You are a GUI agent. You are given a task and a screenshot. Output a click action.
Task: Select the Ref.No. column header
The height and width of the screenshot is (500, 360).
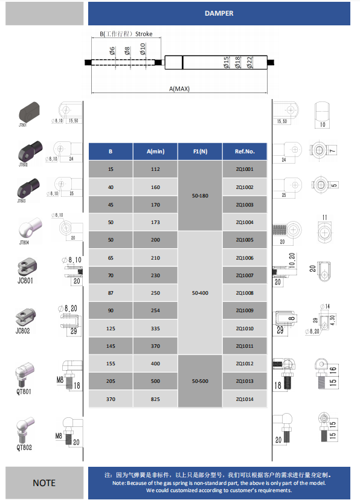pyautogui.click(x=245, y=152)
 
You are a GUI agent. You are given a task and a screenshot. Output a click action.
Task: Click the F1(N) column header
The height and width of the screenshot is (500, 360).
pyautogui.click(x=200, y=152)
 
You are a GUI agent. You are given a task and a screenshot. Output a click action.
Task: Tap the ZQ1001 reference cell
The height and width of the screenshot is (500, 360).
pyautogui.click(x=245, y=170)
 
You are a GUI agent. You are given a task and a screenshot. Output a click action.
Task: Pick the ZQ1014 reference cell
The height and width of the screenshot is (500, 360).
pyautogui.click(x=245, y=399)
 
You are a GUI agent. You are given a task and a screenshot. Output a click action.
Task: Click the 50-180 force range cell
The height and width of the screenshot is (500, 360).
pyautogui.click(x=200, y=196)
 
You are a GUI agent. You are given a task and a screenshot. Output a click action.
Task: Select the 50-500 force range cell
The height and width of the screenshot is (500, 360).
pyautogui.click(x=200, y=382)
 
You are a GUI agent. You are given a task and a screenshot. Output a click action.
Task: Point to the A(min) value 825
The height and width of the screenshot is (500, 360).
pyautogui.click(x=155, y=399)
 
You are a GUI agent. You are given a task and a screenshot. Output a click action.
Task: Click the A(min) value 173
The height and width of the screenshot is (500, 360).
pyautogui.click(x=155, y=223)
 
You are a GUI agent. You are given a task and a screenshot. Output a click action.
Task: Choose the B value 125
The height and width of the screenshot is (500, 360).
pyautogui.click(x=111, y=329)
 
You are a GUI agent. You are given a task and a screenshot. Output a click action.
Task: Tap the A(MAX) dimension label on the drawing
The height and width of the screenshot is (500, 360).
pyautogui.click(x=179, y=89)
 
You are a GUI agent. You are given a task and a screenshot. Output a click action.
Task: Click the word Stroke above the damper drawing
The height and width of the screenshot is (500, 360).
pyautogui.click(x=144, y=34)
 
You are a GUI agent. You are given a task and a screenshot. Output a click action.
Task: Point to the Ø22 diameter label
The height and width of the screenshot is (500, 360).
pyautogui.click(x=249, y=62)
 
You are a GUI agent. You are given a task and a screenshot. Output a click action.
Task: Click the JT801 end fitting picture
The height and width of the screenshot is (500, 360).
pyautogui.click(x=28, y=111)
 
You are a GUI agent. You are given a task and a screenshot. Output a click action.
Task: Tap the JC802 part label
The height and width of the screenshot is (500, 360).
pyautogui.click(x=23, y=330)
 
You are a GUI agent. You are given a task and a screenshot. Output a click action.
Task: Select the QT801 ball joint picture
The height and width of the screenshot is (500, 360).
pyautogui.click(x=24, y=374)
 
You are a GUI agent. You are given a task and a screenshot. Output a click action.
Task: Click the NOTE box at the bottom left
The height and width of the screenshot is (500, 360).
pyautogui.click(x=44, y=482)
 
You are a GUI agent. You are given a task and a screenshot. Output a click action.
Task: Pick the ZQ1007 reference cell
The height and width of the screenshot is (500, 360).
pyautogui.click(x=245, y=275)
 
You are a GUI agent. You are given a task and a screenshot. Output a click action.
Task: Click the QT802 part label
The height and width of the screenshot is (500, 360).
pyautogui.click(x=24, y=447)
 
